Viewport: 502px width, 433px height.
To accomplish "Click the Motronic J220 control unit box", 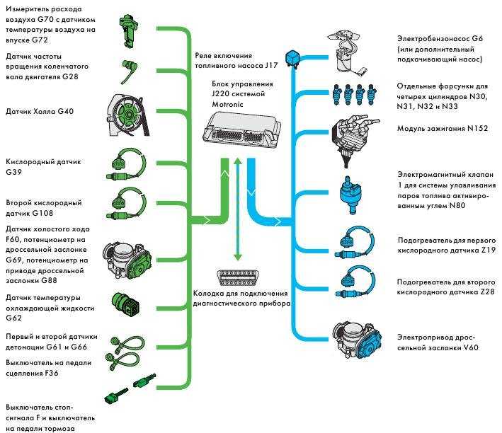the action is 242,131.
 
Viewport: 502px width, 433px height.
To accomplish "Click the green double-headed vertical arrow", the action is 237,209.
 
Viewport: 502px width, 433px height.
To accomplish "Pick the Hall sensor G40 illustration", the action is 128,115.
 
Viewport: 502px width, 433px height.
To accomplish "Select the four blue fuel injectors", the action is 354,94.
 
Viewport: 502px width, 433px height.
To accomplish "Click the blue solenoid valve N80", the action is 350,195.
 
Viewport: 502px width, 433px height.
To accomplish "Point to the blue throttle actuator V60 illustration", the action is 356,340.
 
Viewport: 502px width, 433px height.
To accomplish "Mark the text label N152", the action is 477,128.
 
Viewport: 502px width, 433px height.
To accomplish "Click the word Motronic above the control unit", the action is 227,104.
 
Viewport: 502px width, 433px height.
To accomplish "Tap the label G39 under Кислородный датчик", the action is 13,172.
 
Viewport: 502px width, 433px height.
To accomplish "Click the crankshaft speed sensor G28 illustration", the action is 129,71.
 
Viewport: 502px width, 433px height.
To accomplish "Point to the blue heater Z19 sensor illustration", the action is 354,242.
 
